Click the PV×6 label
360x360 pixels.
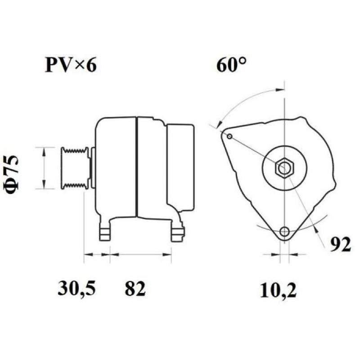(x=71, y=65)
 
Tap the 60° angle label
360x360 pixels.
(x=232, y=64)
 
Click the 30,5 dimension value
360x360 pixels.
(x=76, y=288)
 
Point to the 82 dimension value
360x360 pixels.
(x=135, y=288)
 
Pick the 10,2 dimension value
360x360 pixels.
(x=278, y=290)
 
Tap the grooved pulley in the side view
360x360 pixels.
(x=75, y=168)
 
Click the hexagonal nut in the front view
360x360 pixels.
(x=284, y=168)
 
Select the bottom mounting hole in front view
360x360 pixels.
(x=285, y=231)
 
